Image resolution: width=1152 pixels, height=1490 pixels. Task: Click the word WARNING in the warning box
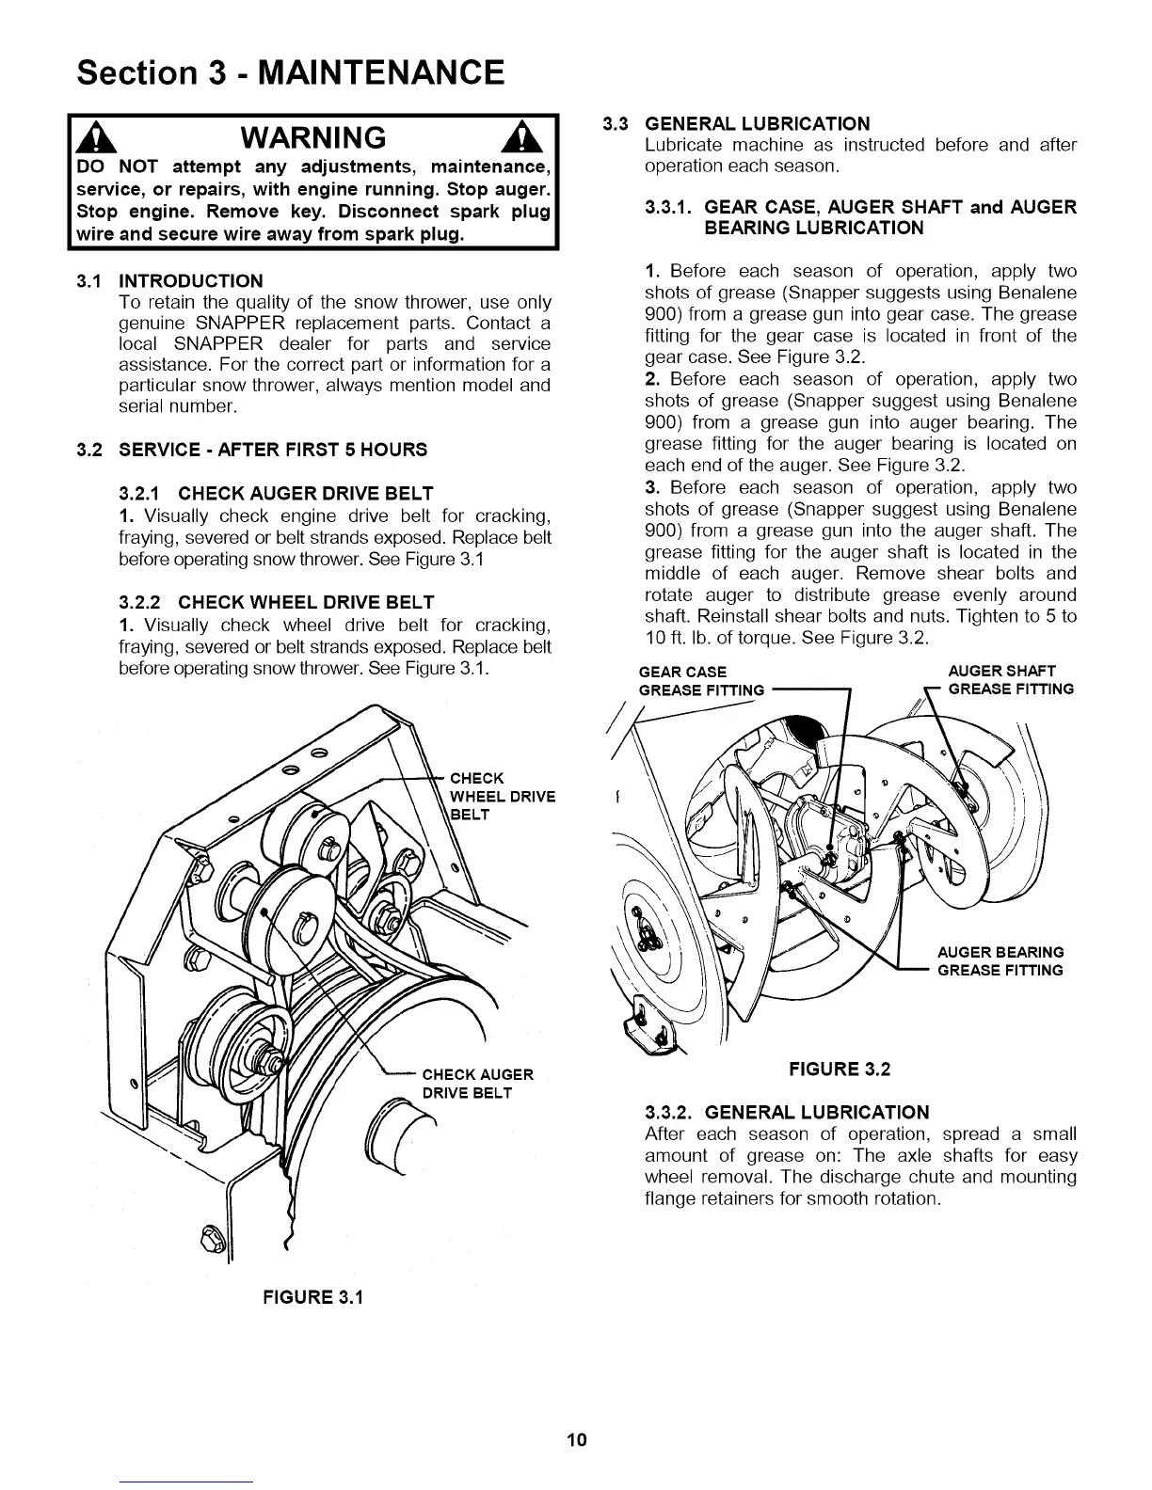click(x=313, y=138)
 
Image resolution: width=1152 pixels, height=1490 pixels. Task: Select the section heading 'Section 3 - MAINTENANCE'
click(x=292, y=71)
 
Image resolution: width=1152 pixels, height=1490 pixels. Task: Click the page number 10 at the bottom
click(x=576, y=1439)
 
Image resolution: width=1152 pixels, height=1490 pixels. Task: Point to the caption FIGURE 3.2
click(x=840, y=1069)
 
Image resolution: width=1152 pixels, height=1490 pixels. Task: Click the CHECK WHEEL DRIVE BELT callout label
click(x=503, y=796)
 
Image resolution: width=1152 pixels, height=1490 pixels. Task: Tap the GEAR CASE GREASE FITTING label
click(x=700, y=680)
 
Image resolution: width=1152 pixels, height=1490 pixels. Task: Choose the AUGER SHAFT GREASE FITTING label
click(x=1010, y=680)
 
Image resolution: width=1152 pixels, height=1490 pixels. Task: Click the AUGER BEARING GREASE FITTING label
click(x=1000, y=960)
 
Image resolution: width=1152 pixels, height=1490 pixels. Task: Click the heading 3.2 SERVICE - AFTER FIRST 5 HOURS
click(x=252, y=450)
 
